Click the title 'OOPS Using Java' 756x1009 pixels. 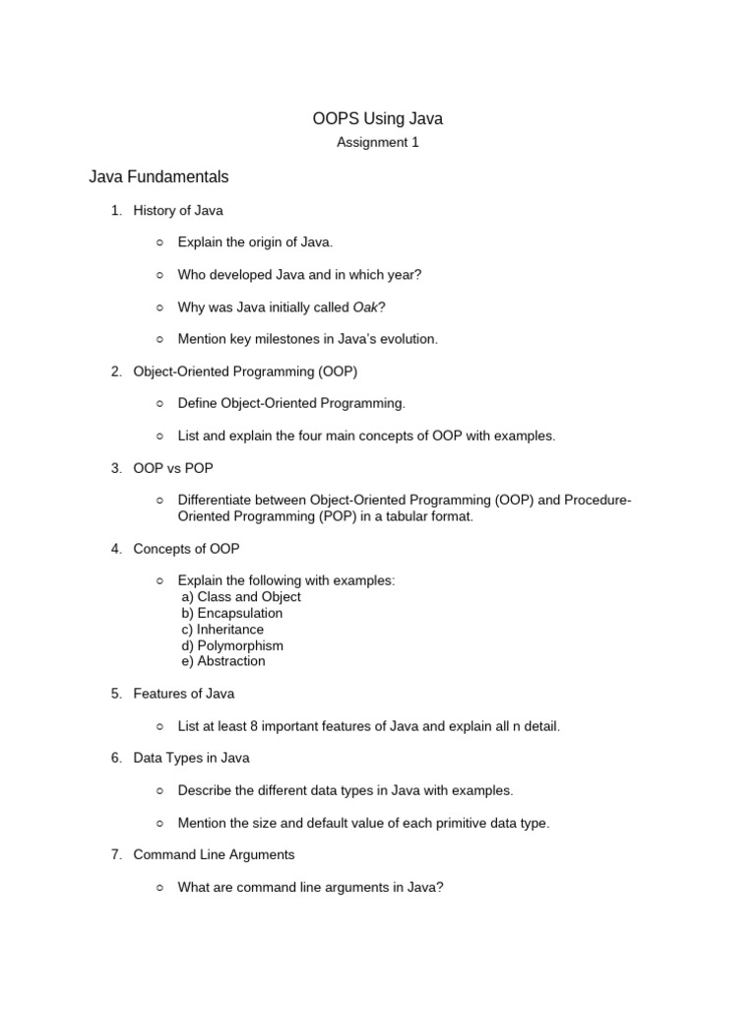[378, 119]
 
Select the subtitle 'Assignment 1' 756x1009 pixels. [378, 142]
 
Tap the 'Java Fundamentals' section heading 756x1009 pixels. [158, 177]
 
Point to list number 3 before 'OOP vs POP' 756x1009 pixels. [115, 468]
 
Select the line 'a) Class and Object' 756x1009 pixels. [241, 597]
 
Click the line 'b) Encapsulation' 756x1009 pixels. [231, 613]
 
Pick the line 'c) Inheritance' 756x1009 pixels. [222, 630]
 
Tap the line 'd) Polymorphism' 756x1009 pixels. [232, 645]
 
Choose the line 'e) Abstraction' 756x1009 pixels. [223, 661]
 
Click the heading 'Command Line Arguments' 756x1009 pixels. [214, 854]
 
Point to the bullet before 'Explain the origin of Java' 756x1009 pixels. [159, 242]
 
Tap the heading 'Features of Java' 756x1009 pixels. [184, 694]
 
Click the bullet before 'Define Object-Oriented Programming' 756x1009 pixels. [159, 404]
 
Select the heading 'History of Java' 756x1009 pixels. [178, 210]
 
